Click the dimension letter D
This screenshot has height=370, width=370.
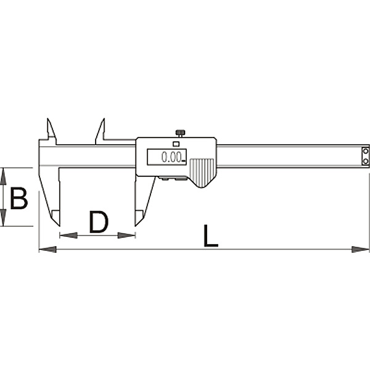(99, 222)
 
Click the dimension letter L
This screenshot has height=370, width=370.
(210, 236)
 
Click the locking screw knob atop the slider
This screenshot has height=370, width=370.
(180, 133)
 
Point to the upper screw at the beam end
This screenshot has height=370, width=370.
(366, 151)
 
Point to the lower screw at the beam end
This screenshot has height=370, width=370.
(366, 162)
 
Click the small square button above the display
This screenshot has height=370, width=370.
(176, 144)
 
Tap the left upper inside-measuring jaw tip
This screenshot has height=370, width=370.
(47, 118)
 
